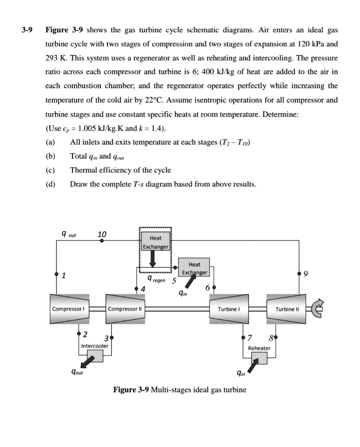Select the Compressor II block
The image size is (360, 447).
point(125,309)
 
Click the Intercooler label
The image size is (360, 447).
point(95,346)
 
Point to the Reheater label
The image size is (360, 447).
point(259,348)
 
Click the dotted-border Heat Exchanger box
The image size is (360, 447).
point(155,242)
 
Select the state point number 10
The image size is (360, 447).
point(102,234)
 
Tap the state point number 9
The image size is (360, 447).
point(305,274)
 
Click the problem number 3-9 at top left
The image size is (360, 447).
point(28,30)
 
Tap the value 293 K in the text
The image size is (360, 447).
point(55,58)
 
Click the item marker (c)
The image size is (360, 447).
point(50,170)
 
